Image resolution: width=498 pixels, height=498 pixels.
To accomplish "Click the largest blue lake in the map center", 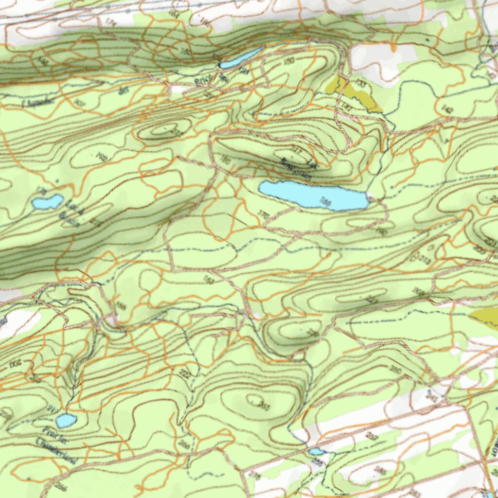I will pyautogui.click(x=311, y=195).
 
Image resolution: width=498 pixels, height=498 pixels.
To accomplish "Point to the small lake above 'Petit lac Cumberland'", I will pyautogui.click(x=66, y=420).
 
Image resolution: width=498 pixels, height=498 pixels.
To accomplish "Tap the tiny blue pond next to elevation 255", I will pyautogui.click(x=317, y=452).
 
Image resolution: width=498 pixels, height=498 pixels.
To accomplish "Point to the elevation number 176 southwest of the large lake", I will pyautogui.click(x=264, y=214).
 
